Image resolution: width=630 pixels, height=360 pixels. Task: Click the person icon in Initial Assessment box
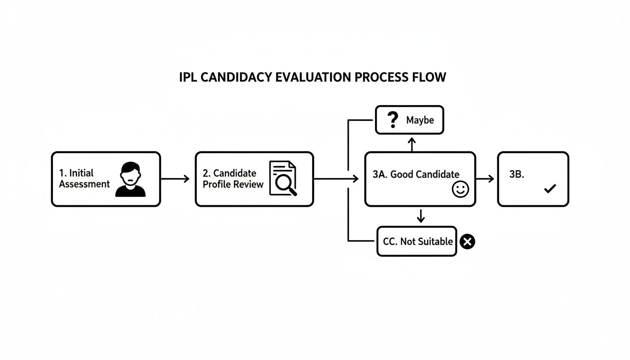pyautogui.click(x=130, y=179)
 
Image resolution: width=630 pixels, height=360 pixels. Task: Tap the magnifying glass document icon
pyautogui.click(x=283, y=178)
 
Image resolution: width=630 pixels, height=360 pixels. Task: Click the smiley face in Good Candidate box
pyautogui.click(x=460, y=189)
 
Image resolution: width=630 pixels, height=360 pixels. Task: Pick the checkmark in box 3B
pyautogui.click(x=549, y=189)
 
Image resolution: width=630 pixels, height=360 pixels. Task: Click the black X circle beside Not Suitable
pyautogui.click(x=467, y=241)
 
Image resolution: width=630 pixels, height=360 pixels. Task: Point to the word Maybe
pyautogui.click(x=420, y=120)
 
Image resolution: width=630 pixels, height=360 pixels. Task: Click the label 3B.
pyautogui.click(x=517, y=174)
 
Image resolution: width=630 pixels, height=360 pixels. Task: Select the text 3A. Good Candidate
pyautogui.click(x=416, y=174)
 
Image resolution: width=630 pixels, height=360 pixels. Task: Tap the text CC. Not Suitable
pyautogui.click(x=418, y=241)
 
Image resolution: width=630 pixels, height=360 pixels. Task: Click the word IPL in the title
pyautogui.click(x=188, y=77)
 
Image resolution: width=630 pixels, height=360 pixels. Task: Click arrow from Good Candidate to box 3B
pyautogui.click(x=486, y=179)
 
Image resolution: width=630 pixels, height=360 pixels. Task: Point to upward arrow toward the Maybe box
pyautogui.click(x=412, y=143)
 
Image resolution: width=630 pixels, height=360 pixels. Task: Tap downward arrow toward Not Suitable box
pyautogui.click(x=420, y=216)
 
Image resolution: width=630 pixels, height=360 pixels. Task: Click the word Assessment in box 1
pyautogui.click(x=84, y=184)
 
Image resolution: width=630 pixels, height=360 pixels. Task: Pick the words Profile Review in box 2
pyautogui.click(x=233, y=184)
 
